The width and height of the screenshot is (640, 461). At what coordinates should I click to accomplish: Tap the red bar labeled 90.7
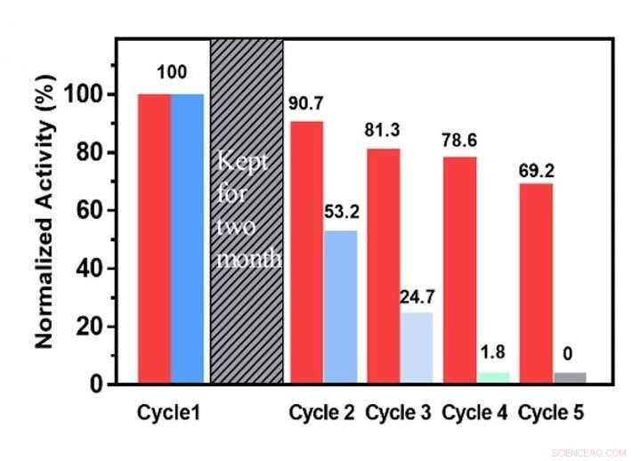306,253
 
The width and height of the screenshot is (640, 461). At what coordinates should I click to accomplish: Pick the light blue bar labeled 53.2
340,307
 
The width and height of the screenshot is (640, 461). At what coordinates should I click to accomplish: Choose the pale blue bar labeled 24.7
416,348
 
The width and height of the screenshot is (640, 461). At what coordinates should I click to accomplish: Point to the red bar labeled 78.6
459,271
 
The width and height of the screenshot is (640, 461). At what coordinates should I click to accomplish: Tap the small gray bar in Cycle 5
570,378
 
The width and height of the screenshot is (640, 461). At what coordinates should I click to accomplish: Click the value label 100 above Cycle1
171,70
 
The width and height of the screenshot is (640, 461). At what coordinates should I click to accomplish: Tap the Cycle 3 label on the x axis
399,414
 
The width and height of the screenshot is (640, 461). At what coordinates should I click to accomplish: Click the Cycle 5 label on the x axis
551,414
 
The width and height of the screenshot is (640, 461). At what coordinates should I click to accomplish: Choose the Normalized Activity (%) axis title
48,214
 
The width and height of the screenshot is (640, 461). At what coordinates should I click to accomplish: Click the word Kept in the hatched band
240,165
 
